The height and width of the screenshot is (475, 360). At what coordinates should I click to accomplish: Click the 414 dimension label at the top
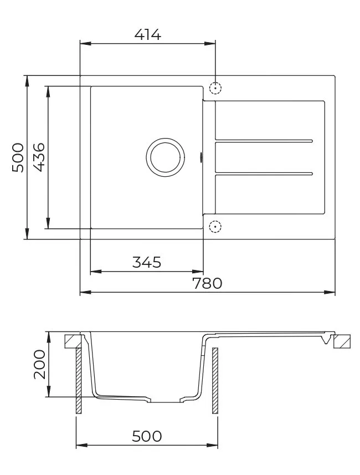(x=148, y=34)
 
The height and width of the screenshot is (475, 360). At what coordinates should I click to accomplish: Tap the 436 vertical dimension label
(x=39, y=157)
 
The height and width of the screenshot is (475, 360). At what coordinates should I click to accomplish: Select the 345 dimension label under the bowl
(x=147, y=262)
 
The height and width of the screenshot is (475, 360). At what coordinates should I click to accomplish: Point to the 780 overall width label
(x=207, y=283)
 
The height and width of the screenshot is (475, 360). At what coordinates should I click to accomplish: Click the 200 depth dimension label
(x=39, y=365)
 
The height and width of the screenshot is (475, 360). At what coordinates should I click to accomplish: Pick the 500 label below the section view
(x=147, y=436)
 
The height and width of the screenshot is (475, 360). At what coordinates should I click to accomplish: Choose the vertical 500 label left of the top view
(x=18, y=157)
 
